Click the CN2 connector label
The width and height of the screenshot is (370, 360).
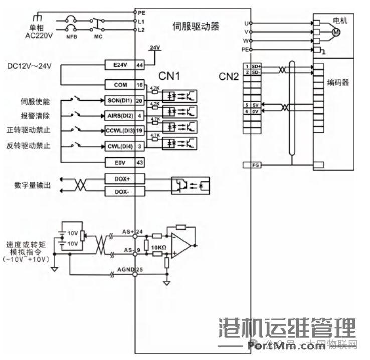coord(229,76)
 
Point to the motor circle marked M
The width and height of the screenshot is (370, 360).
coord(336,32)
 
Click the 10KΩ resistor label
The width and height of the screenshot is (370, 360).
coord(158,247)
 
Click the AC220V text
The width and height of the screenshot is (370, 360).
coord(39,36)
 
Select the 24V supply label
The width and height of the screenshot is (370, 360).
coord(155,48)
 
